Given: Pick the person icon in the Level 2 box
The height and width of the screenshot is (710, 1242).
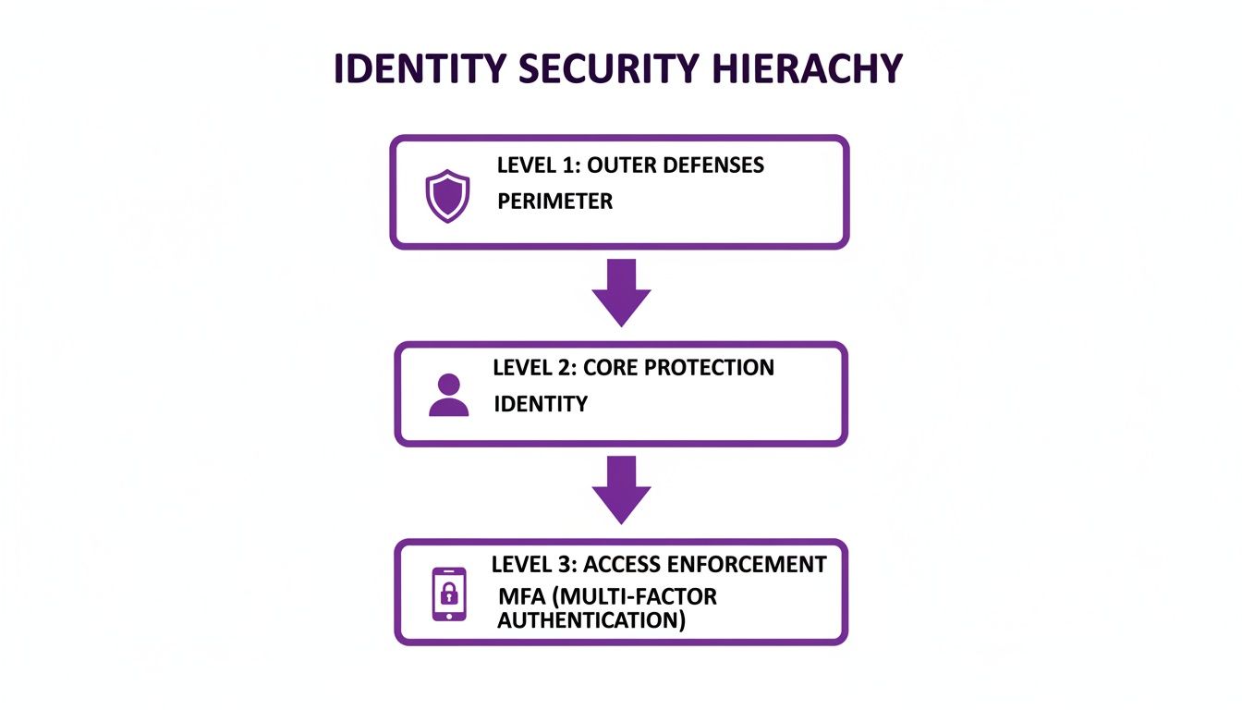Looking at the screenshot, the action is point(449,395).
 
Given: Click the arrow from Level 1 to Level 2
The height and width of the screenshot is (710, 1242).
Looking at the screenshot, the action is point(621,291).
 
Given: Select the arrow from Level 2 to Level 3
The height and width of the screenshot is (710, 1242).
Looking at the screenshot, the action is point(621,490).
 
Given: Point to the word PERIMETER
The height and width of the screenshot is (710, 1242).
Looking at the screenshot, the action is point(554,201).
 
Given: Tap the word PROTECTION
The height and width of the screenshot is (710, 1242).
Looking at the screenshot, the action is point(709,367).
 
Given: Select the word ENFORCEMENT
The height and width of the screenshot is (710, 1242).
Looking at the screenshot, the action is point(753,564).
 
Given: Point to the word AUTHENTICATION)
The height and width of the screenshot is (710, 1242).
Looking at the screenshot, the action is point(591,619).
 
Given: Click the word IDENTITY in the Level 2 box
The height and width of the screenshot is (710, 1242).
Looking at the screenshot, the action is point(540,403).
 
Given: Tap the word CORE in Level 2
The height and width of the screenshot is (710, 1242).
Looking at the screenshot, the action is point(610,367).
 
